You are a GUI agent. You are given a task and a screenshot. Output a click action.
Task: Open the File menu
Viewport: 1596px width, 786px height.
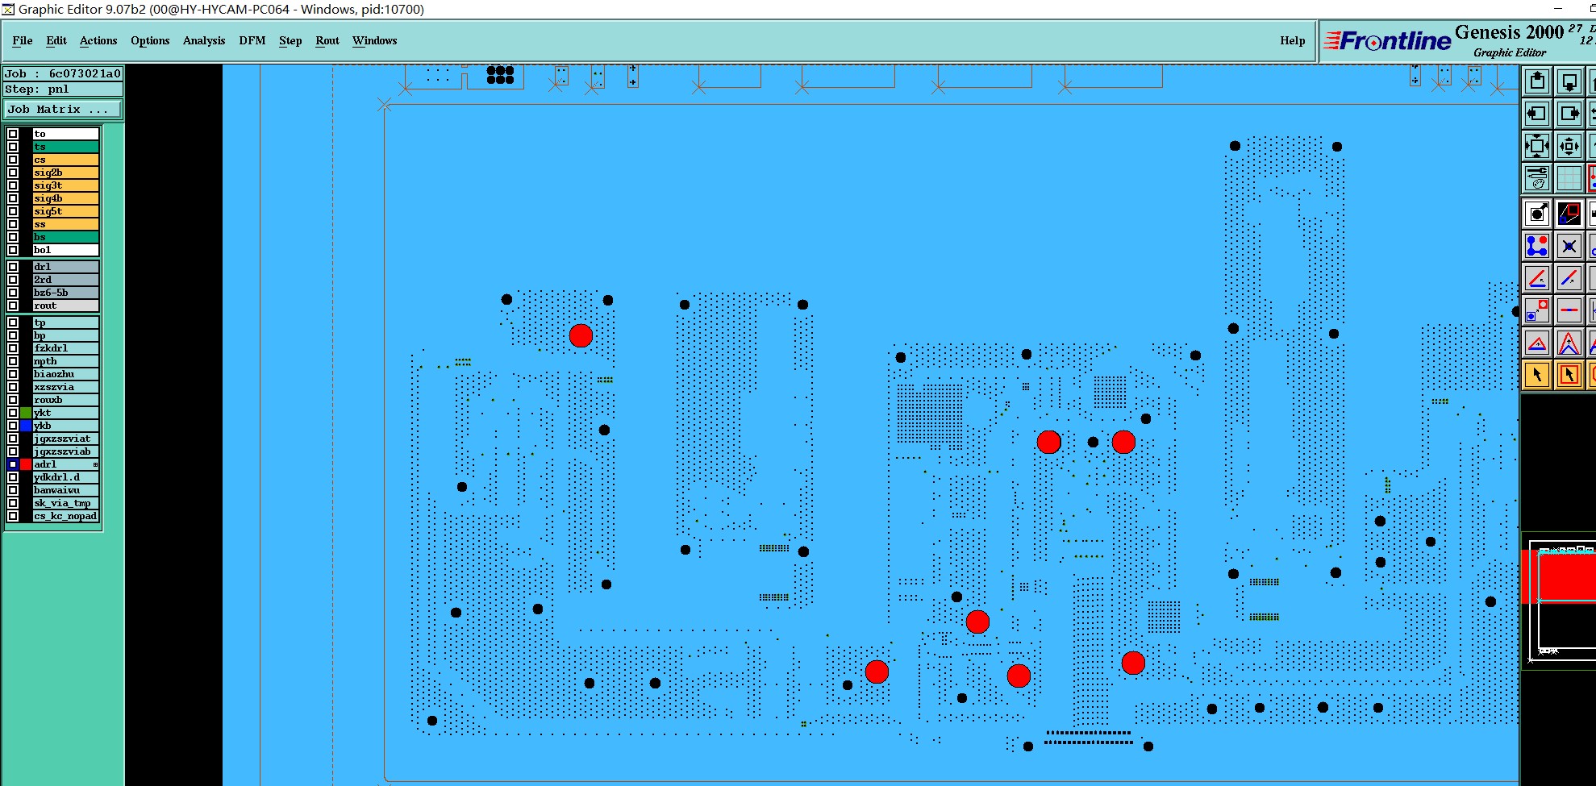coord(23,40)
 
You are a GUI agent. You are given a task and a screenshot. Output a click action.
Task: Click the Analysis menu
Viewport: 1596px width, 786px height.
coord(204,40)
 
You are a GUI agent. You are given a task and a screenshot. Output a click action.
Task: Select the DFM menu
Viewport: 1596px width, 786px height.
coord(252,40)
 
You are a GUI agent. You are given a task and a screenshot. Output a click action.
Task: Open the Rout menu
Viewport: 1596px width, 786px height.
coord(327,40)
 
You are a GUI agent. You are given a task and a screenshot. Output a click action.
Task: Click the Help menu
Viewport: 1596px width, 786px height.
coord(1292,40)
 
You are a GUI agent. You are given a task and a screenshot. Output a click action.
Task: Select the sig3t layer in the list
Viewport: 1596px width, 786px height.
coord(65,185)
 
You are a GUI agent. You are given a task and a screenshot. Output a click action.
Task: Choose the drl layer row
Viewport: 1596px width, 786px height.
coord(65,267)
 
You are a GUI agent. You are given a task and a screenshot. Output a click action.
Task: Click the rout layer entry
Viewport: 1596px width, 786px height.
coord(65,306)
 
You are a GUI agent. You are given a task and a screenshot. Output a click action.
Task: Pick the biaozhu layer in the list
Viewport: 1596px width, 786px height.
coord(65,374)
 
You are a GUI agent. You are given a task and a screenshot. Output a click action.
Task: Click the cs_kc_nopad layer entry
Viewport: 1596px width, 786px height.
coord(65,516)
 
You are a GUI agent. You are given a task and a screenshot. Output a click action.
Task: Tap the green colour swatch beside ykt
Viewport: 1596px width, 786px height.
coord(26,413)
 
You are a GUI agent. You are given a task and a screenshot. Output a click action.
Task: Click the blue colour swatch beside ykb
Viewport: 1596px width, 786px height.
coord(26,426)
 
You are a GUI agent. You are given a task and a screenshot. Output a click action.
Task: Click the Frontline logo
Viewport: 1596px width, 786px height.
coord(1387,41)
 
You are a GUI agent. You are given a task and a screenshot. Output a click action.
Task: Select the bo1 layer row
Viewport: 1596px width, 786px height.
coord(65,250)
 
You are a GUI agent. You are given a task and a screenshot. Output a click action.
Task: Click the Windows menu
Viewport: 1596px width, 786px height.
coord(374,40)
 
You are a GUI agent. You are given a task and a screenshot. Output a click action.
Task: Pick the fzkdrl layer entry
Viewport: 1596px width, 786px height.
coord(65,348)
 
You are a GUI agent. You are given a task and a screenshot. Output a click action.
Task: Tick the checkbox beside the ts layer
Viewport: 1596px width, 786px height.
coord(13,147)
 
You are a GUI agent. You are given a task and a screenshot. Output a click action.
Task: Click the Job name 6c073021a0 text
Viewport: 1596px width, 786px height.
coord(85,73)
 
